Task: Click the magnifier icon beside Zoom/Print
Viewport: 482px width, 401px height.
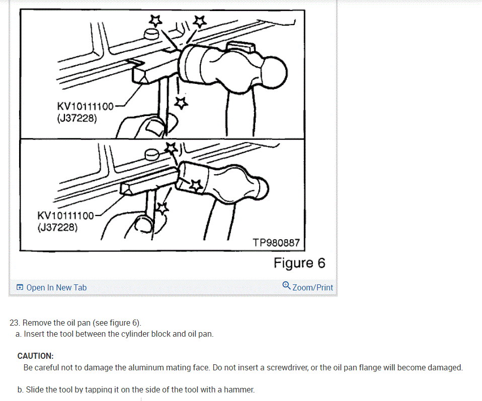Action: click(286, 285)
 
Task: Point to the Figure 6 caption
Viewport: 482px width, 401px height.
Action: click(299, 263)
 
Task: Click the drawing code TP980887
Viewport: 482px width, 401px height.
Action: click(276, 243)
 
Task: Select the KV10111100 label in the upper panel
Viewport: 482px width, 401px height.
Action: click(85, 107)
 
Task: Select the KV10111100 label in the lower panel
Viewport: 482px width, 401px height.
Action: click(65, 216)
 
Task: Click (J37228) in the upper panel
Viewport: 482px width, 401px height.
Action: click(77, 118)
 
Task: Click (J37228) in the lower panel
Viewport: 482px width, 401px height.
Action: click(57, 228)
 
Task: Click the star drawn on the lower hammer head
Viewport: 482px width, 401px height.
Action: click(196, 185)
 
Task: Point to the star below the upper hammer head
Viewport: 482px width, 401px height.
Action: click(181, 103)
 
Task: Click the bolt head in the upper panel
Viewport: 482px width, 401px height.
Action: click(151, 34)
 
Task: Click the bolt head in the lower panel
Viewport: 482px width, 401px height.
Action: click(151, 154)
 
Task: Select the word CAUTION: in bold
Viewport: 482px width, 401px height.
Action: click(35, 356)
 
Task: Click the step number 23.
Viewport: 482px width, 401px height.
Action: click(15, 323)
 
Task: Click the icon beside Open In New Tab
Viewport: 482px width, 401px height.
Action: click(20, 287)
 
